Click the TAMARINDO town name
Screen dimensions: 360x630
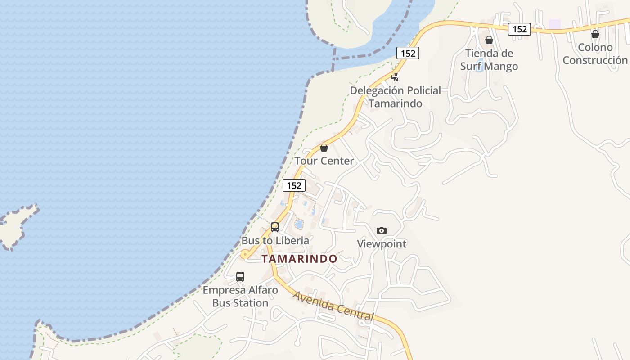click(x=299, y=259)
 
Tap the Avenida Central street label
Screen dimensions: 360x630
click(x=333, y=306)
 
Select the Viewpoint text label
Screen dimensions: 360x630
click(x=382, y=244)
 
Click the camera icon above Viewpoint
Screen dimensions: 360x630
click(x=382, y=231)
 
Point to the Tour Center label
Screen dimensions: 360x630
click(x=324, y=161)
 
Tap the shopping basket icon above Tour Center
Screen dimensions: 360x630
click(x=324, y=148)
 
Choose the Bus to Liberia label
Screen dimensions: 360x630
click(x=275, y=240)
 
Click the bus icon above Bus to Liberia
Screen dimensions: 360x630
click(x=275, y=227)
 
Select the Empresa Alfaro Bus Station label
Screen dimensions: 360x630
click(x=240, y=296)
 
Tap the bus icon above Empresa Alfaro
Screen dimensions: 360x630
click(x=240, y=277)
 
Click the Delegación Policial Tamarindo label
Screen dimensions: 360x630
click(x=396, y=97)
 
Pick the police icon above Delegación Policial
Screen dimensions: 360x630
click(x=395, y=77)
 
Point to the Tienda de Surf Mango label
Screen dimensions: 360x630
click(x=489, y=60)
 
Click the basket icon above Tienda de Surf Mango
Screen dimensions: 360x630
click(x=489, y=40)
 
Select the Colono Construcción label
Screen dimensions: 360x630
click(x=595, y=54)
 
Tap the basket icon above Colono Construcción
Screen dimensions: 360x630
click(x=595, y=34)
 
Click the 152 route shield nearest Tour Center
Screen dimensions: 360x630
click(x=294, y=185)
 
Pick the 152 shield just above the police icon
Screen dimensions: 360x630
click(x=408, y=53)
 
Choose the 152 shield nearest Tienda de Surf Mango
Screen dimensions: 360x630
click(x=520, y=29)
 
